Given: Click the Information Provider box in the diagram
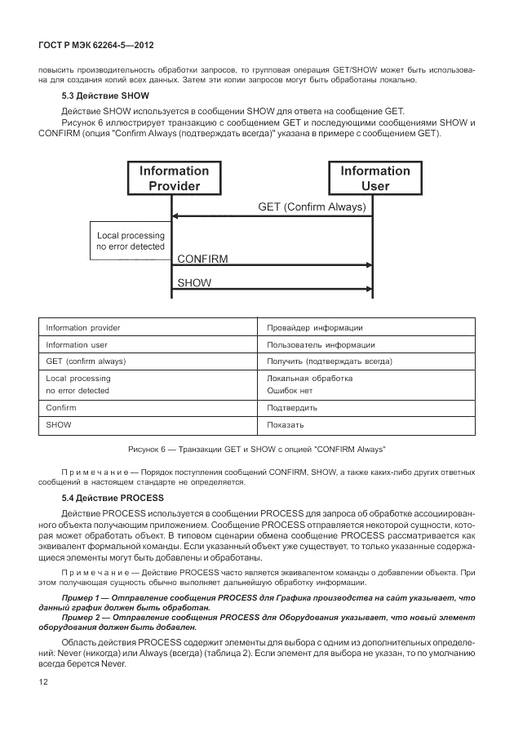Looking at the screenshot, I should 174,179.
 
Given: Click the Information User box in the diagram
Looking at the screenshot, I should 374,179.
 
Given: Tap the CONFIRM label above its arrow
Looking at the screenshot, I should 202,258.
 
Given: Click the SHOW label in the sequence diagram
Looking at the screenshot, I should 193,283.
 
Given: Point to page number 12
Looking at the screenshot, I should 43,682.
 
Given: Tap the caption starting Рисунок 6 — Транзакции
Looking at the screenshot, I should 256,450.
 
